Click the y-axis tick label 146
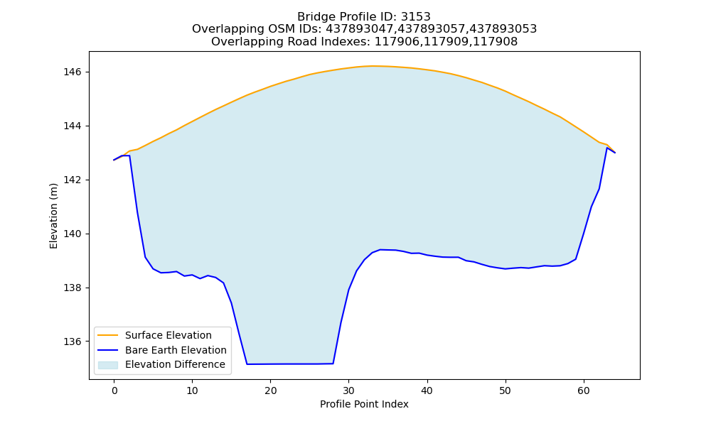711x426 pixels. [x=72, y=72]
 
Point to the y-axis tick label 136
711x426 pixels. [x=72, y=342]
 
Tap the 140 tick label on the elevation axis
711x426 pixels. [x=72, y=234]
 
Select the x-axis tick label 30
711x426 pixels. [x=348, y=390]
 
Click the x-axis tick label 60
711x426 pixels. [x=584, y=390]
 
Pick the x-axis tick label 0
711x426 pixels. [x=114, y=390]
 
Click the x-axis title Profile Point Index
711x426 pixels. [x=364, y=404]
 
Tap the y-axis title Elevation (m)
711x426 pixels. [x=53, y=216]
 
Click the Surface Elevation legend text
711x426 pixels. [x=169, y=335]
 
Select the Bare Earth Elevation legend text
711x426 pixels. [x=176, y=350]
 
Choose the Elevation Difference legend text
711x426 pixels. [x=175, y=364]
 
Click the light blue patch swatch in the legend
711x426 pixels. [x=108, y=365]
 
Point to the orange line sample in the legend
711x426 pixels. [x=108, y=335]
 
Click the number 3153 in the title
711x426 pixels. [x=415, y=17]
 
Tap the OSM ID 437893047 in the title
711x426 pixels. [x=360, y=29]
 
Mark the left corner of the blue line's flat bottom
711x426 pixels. [x=247, y=364]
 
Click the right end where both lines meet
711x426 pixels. [x=615, y=153]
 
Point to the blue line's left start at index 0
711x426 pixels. [x=114, y=160]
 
